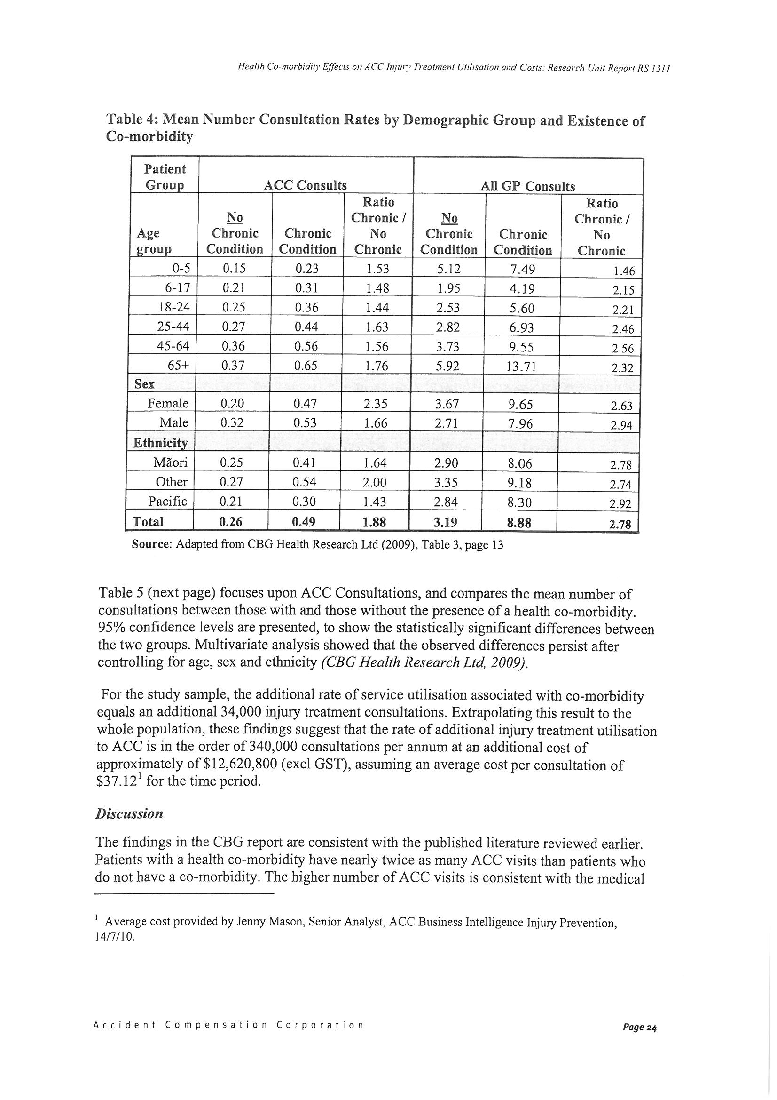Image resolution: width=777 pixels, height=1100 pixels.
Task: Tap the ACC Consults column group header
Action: [x=306, y=185]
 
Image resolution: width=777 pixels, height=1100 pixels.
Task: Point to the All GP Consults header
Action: [x=527, y=186]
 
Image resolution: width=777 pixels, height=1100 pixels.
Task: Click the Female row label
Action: [x=167, y=403]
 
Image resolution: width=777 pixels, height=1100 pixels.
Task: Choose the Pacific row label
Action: [x=167, y=501]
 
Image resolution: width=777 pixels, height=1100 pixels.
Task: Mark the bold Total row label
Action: [x=148, y=521]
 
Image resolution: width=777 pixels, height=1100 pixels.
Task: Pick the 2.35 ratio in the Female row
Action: [x=377, y=404]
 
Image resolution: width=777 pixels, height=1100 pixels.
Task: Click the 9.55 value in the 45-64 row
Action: [x=521, y=347]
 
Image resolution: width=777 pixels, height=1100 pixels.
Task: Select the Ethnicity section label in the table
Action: [x=160, y=443]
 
